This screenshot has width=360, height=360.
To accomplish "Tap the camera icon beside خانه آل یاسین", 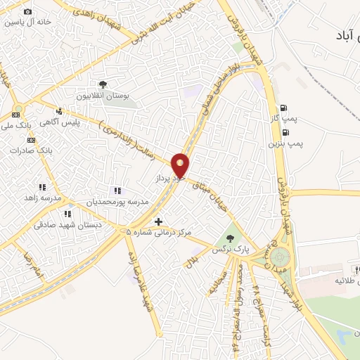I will [27, 12].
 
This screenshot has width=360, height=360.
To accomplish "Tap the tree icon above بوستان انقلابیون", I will [104, 84].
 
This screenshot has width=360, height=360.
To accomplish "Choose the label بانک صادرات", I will [34, 150].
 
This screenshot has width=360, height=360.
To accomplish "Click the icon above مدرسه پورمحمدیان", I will [117, 191].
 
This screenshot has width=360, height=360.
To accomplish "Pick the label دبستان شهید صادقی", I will [68, 224].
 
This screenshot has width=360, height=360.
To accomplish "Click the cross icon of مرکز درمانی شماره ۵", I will [158, 221].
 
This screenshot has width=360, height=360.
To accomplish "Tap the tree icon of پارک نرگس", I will [229, 238].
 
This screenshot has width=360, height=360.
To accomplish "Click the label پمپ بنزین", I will [285, 143].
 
